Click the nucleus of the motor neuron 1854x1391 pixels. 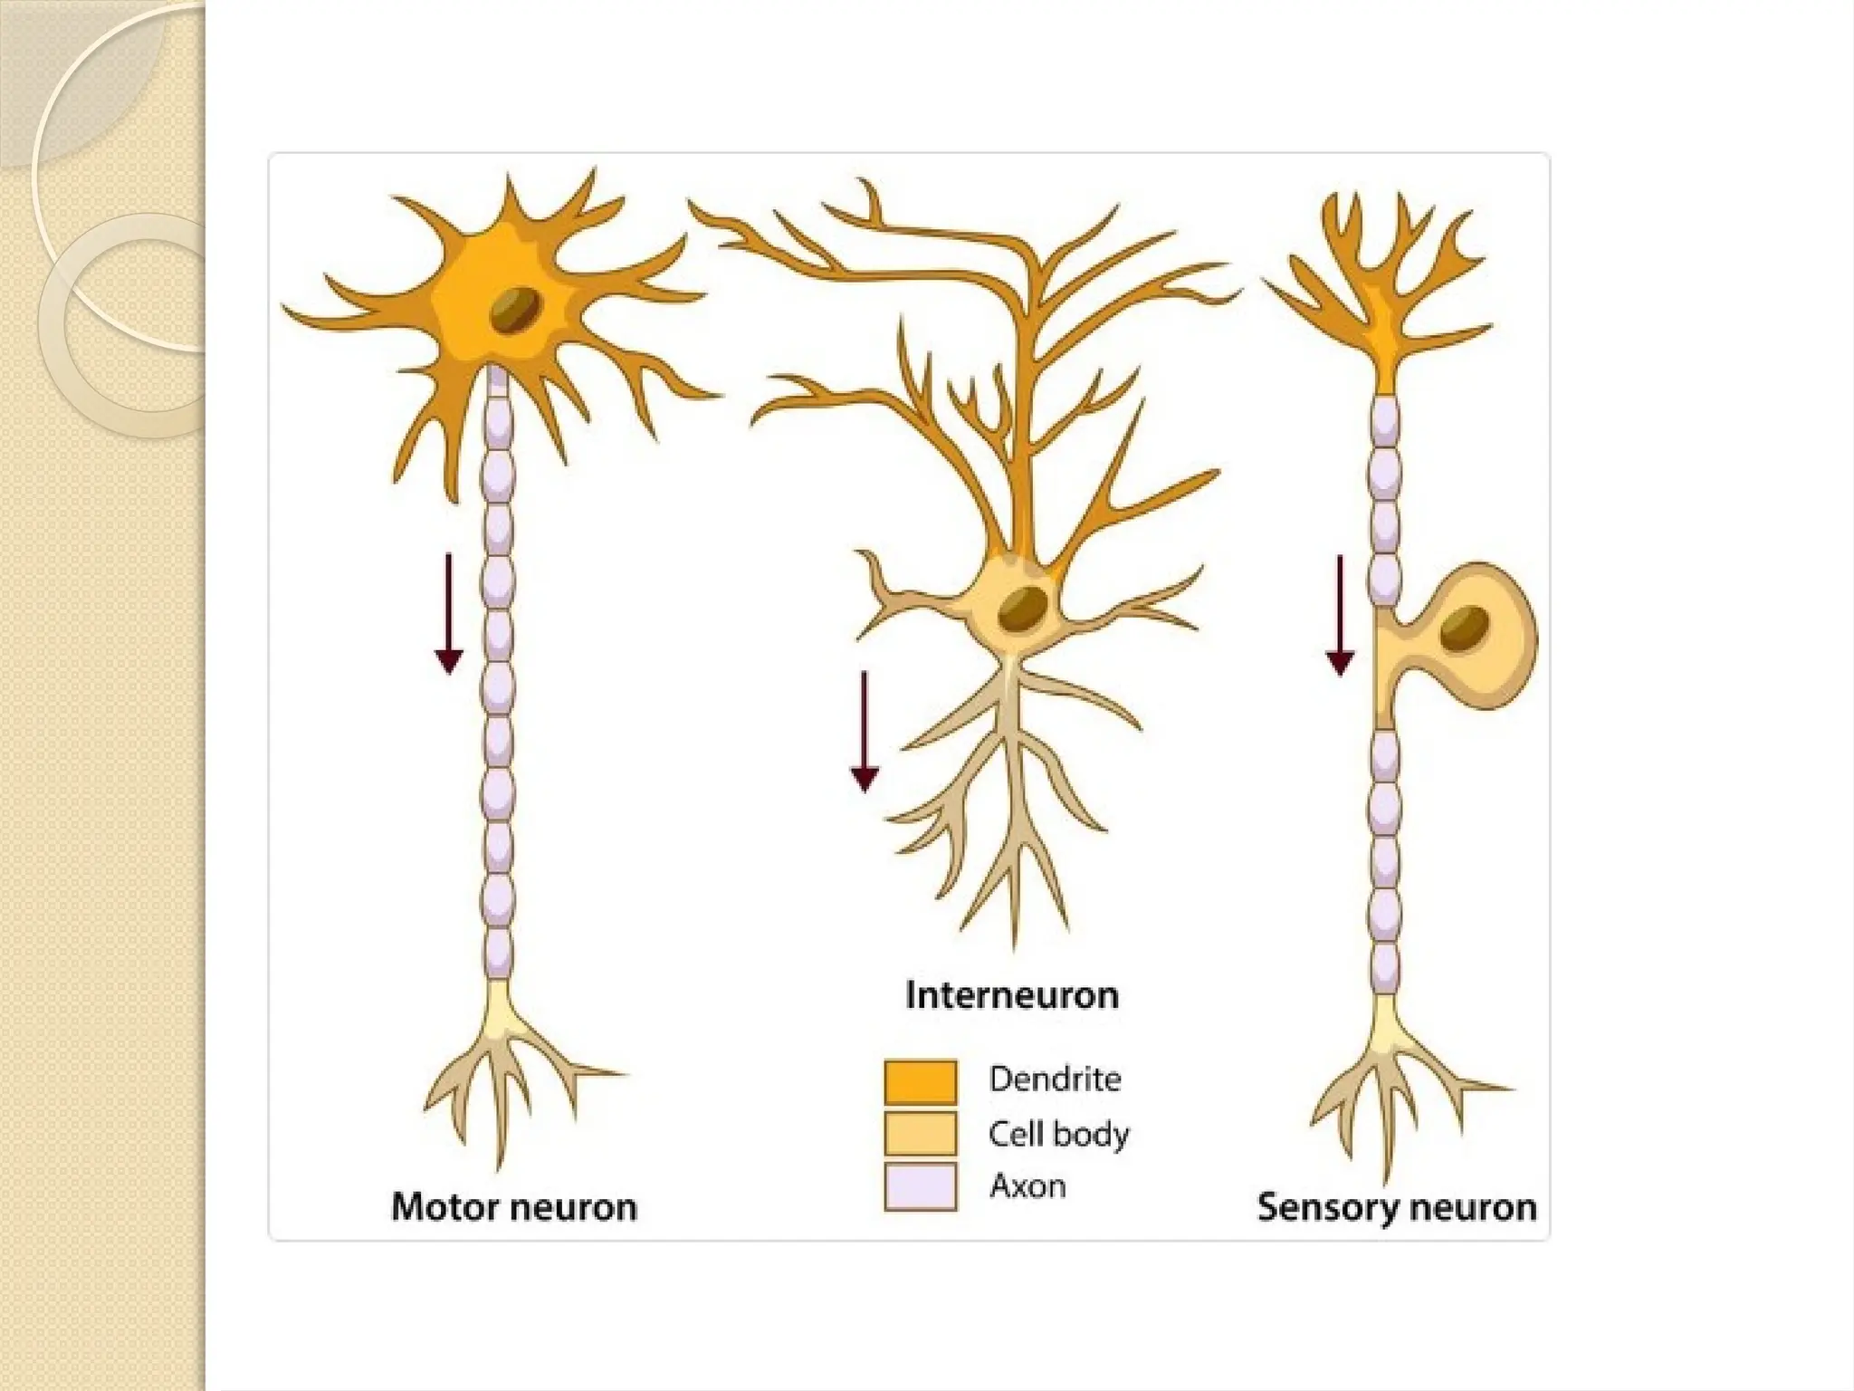517,310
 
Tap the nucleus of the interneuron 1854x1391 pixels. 1024,609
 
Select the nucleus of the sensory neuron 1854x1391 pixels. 1464,628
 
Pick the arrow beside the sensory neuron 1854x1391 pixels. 1340,616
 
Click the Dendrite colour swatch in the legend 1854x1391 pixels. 921,1081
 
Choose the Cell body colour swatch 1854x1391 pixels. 921,1133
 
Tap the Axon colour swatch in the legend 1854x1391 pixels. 921,1186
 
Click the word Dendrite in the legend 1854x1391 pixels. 1055,1079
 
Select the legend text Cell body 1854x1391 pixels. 1058,1134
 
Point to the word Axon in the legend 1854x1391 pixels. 1027,1185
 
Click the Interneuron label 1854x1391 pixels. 1012,995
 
